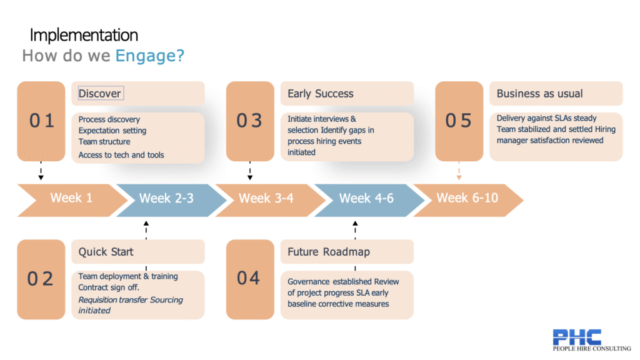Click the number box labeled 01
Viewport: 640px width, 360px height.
tap(41, 121)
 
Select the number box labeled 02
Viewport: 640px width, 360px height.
tap(41, 279)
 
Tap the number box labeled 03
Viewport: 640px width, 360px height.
tap(249, 121)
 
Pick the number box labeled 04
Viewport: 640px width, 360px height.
tap(249, 279)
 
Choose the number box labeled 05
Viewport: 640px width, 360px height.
tap(458, 121)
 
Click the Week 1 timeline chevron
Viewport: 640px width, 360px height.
tap(71, 199)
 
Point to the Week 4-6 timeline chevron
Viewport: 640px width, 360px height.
tap(366, 199)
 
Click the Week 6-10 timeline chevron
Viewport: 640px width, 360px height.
tap(467, 199)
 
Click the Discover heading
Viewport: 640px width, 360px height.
tap(99, 94)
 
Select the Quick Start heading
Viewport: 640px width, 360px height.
tap(106, 252)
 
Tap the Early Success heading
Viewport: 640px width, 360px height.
tap(320, 94)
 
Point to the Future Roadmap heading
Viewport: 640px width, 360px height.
tap(328, 252)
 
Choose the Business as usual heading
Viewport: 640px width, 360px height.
tap(539, 94)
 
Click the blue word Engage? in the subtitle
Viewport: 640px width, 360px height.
tap(149, 56)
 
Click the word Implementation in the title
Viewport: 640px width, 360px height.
tap(84, 35)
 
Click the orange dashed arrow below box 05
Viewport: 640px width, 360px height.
tap(459, 171)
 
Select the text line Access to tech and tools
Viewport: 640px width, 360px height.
tap(121, 155)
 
